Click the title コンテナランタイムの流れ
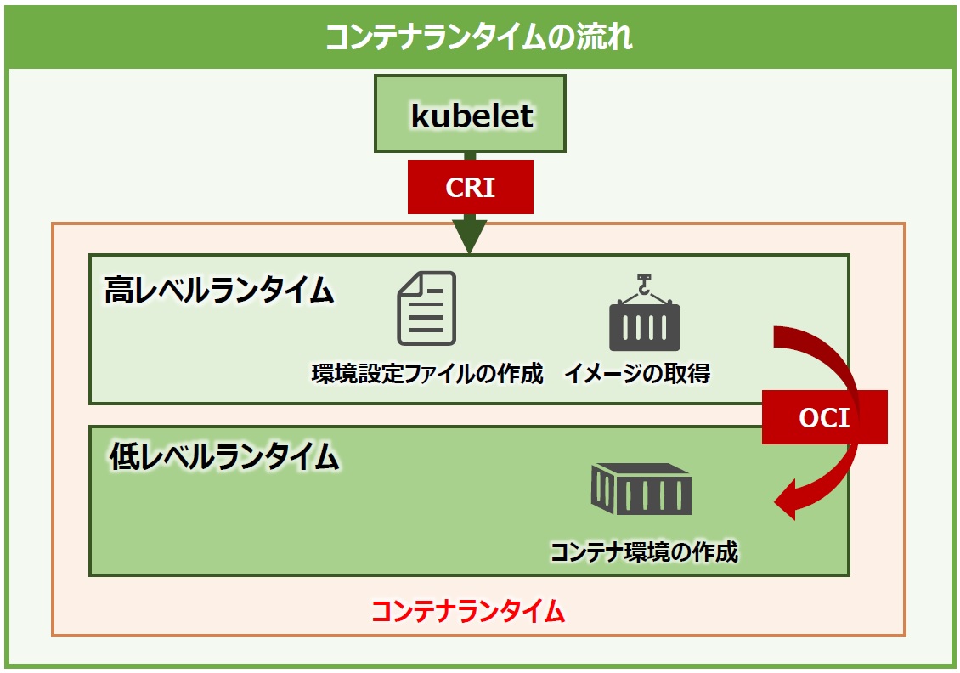tap(478, 37)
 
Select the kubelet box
tap(470, 114)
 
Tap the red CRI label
tap(470, 187)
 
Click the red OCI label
tap(824, 417)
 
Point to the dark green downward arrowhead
tap(470, 235)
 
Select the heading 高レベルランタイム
tap(219, 291)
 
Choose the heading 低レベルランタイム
tap(224, 456)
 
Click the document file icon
tap(426, 308)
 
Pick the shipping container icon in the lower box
tap(641, 489)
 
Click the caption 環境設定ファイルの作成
tap(427, 373)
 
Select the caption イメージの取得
tap(637, 373)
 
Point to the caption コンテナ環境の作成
tap(645, 551)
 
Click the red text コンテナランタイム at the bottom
tap(468, 611)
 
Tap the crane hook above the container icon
tap(644, 285)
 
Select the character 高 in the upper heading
tap(119, 291)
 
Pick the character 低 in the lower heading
tap(124, 456)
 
